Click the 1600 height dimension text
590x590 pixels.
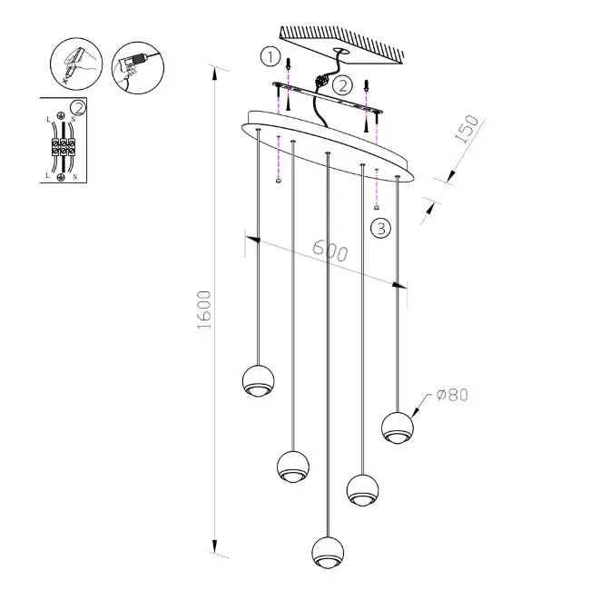(x=204, y=310)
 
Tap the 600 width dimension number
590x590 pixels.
(x=330, y=250)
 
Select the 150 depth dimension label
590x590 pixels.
(x=467, y=129)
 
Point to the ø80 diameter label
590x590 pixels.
(x=452, y=395)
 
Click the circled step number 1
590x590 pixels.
(x=270, y=57)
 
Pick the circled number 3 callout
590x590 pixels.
(x=381, y=228)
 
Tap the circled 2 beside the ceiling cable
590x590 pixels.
(x=342, y=85)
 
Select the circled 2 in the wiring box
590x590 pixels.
(x=78, y=108)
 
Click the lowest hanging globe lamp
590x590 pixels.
(x=328, y=552)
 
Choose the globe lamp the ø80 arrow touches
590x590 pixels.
(x=398, y=428)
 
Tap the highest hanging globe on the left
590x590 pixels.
(x=258, y=380)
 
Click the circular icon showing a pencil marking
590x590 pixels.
(x=76, y=64)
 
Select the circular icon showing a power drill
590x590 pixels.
(x=138, y=68)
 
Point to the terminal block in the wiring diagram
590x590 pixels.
(x=64, y=147)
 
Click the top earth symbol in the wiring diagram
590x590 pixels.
(x=59, y=116)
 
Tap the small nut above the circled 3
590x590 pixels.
(x=377, y=207)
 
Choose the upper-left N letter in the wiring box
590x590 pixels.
(x=74, y=119)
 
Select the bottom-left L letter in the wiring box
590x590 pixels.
(x=48, y=176)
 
